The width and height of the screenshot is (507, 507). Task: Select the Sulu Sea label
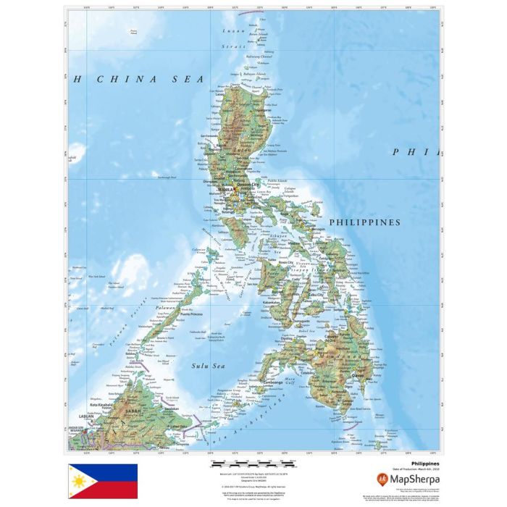(x=208, y=366)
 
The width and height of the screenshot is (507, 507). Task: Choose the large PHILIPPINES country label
(x=364, y=222)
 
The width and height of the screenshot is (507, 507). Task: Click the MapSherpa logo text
(x=415, y=478)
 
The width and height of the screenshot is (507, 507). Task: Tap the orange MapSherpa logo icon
(x=382, y=478)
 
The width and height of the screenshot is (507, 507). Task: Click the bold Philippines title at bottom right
(x=425, y=461)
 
